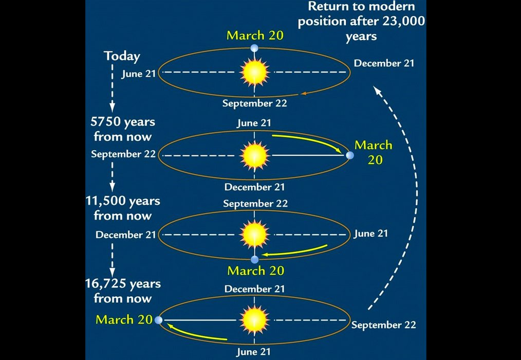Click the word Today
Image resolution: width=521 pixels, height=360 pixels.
click(122, 56)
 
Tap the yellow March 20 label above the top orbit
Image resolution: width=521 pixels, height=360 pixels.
click(255, 35)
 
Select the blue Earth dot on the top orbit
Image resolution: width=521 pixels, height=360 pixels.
click(254, 48)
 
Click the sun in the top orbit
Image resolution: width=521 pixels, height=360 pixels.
click(254, 72)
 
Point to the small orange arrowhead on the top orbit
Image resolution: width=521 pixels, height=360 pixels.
click(303, 94)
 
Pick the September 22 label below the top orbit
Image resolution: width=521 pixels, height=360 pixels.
click(254, 103)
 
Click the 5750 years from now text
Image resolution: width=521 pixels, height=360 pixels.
click(123, 129)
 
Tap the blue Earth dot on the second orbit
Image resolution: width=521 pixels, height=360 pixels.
click(350, 155)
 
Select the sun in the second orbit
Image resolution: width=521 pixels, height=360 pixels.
click(254, 155)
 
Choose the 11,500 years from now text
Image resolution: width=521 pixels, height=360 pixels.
click(123, 208)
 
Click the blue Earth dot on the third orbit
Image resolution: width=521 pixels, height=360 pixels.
click(255, 260)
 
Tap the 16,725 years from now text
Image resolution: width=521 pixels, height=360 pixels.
click(123, 291)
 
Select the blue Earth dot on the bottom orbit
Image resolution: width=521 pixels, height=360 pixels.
click(159, 320)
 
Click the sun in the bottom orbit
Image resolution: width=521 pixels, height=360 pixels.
click(254, 320)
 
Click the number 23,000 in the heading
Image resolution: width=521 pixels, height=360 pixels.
click(403, 21)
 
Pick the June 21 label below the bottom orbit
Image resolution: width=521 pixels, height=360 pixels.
click(254, 352)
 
